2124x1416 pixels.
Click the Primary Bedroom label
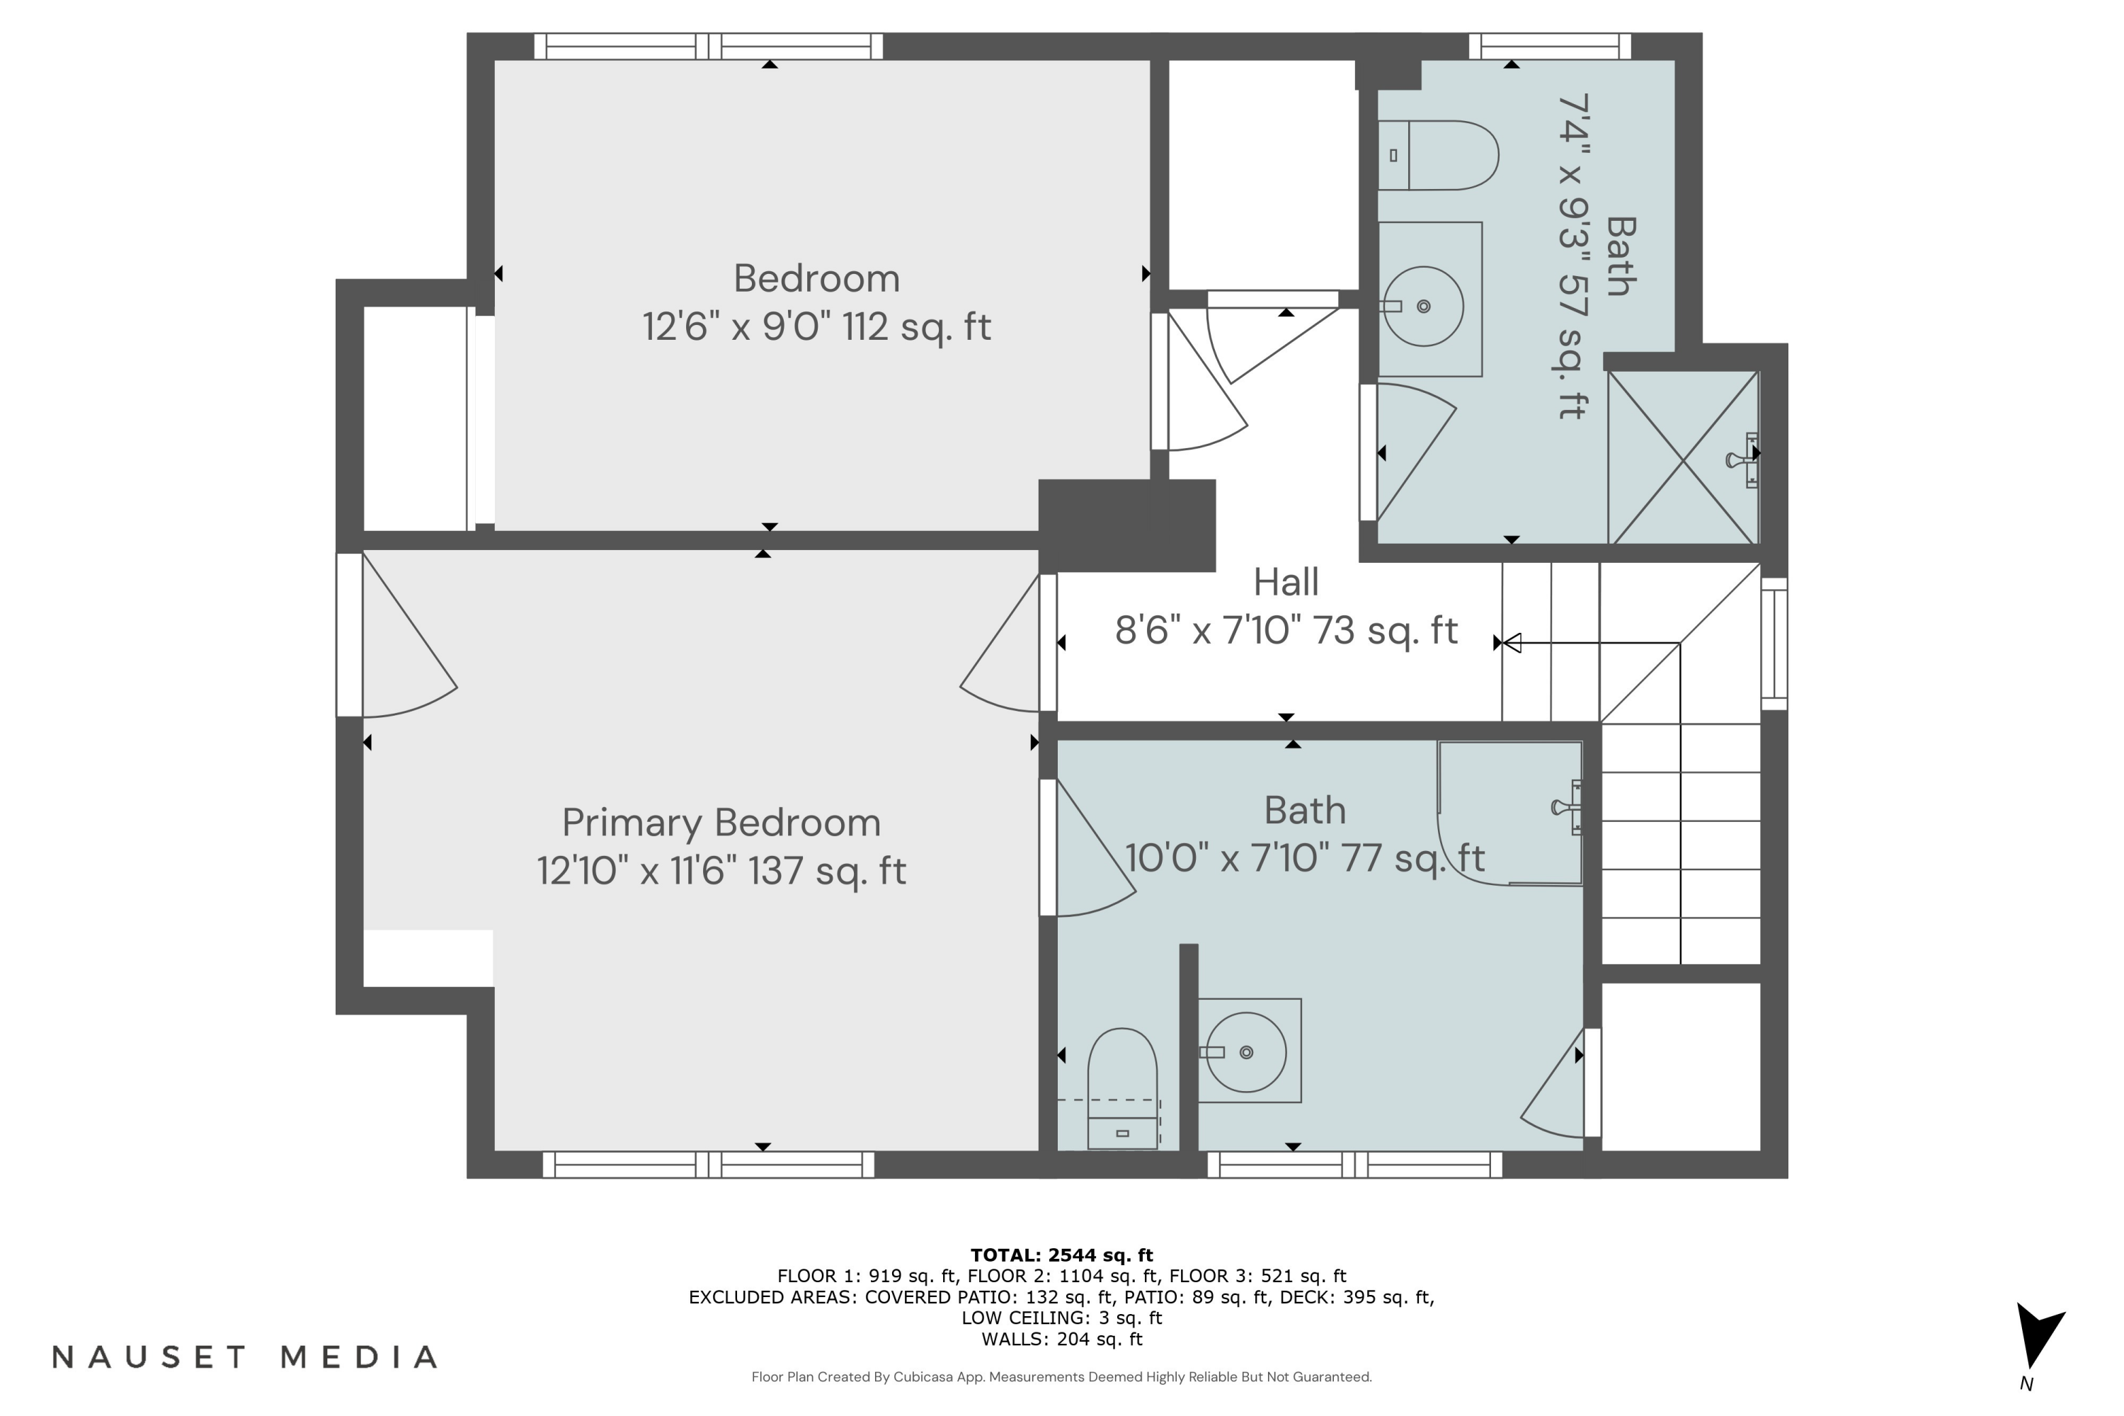(x=721, y=823)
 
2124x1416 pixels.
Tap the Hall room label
(x=1285, y=583)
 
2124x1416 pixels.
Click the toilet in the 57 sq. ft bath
(x=1438, y=155)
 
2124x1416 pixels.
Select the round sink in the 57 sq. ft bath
(x=1423, y=306)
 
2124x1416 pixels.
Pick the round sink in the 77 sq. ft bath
(x=1247, y=1052)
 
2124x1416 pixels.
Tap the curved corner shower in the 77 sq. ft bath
(x=1510, y=813)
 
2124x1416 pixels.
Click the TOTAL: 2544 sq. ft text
(x=1061, y=1255)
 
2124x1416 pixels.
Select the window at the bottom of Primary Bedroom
(x=708, y=1164)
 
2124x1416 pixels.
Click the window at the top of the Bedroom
(x=708, y=46)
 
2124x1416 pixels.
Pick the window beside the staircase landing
(x=1774, y=643)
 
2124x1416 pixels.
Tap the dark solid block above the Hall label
(x=1126, y=525)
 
